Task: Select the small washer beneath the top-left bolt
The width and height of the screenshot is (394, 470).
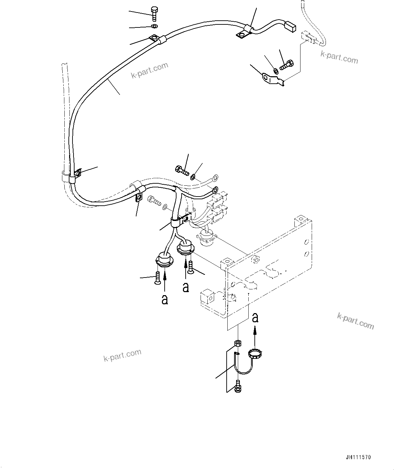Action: coord(154,26)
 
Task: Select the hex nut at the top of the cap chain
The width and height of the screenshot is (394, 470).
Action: coord(237,343)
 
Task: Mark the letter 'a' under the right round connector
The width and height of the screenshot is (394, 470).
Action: coord(186,287)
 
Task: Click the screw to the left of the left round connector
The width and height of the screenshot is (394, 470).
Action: coord(157,278)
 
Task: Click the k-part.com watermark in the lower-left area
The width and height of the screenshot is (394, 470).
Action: coord(122,355)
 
